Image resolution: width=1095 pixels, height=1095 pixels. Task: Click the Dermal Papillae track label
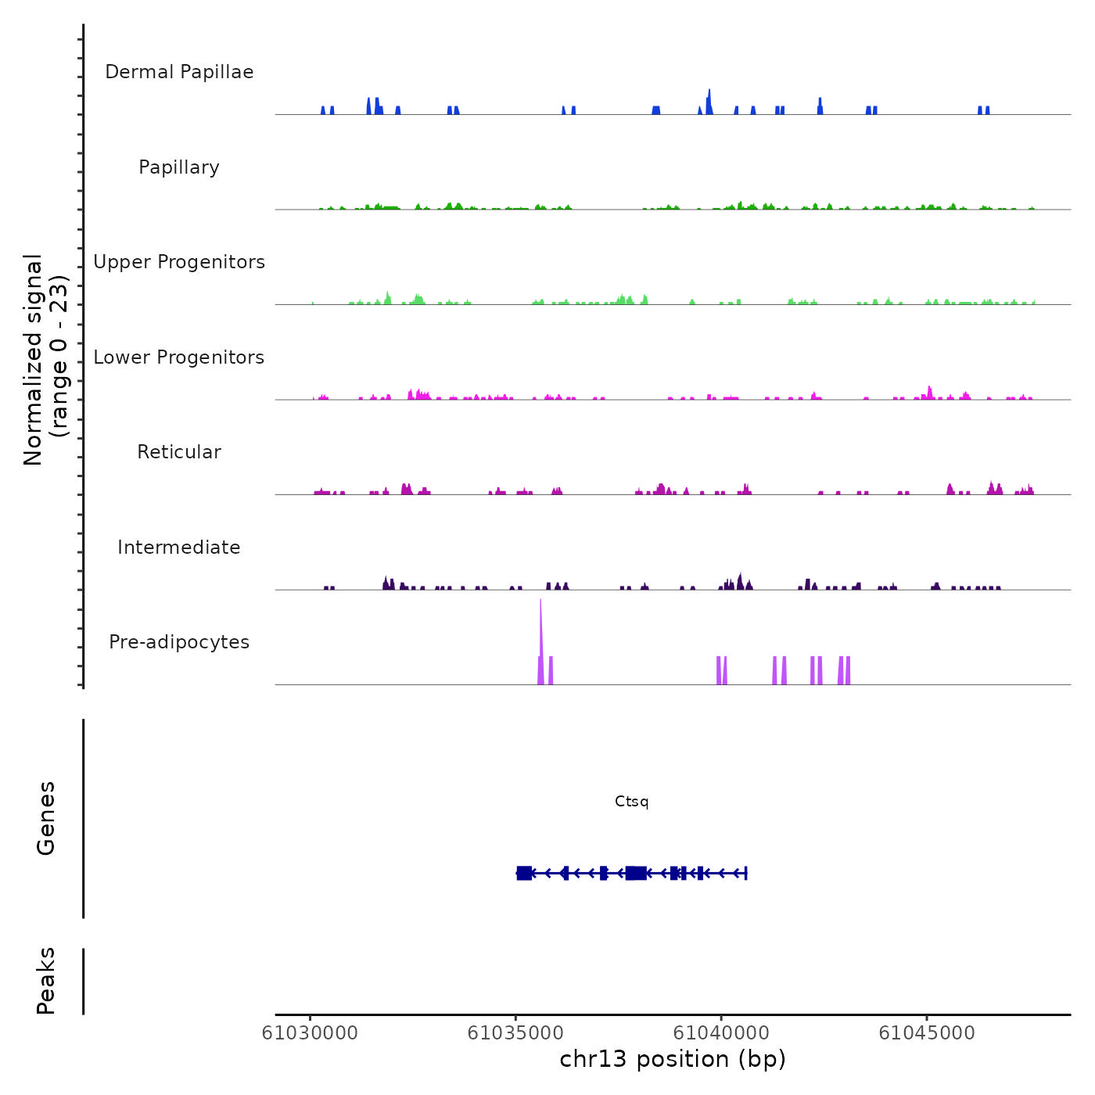pos(179,72)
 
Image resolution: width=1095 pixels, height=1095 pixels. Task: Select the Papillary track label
pos(179,167)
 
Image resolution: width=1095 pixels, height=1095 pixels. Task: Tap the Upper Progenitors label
pos(179,262)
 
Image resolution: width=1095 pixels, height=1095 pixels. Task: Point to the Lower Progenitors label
pos(179,357)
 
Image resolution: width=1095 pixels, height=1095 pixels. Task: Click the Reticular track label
pos(179,452)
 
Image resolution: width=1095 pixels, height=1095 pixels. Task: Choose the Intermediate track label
pos(179,547)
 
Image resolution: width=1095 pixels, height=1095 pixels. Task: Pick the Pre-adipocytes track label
pos(179,642)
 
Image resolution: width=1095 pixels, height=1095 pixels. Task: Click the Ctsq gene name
pos(632,802)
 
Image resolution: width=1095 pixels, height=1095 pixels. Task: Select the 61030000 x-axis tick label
pos(310,1033)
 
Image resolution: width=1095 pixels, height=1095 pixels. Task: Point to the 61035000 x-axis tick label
pos(515,1033)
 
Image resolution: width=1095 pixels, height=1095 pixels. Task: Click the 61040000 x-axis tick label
pos(721,1033)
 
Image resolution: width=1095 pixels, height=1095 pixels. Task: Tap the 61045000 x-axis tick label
pos(927,1033)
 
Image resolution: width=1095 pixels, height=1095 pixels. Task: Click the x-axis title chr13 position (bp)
pos(673,1059)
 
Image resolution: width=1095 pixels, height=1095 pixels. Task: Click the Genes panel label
pos(46,818)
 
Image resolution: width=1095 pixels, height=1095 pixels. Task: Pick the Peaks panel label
pos(46,981)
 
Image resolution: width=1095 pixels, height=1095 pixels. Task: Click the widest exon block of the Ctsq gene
pos(636,873)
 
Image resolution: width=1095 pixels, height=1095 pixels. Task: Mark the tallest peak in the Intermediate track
pos(740,580)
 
